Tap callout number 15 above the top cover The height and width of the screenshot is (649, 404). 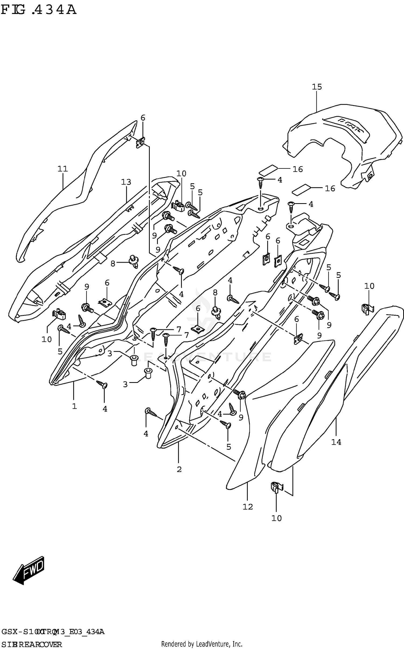(317, 87)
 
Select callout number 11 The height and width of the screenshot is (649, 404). (62, 169)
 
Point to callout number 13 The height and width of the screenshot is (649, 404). (126, 182)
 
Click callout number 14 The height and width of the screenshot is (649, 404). (336, 442)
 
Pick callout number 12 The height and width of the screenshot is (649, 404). (248, 507)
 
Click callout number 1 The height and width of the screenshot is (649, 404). (74, 406)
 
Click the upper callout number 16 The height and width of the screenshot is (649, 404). (298, 169)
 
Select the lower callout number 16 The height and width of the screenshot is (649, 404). (330, 188)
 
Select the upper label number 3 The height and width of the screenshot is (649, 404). (110, 354)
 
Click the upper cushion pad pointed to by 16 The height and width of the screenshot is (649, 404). (268, 170)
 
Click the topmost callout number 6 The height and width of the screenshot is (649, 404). (143, 118)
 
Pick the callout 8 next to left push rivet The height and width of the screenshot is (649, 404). (113, 264)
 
